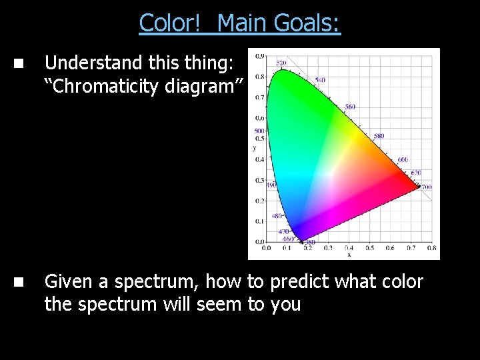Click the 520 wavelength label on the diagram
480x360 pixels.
(281, 63)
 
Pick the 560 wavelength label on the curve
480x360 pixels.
(350, 107)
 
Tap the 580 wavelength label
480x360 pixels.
(379, 136)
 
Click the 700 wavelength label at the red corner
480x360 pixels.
(426, 187)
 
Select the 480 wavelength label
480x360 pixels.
(277, 216)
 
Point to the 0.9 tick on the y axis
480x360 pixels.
(259, 56)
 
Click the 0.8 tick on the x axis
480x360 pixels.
(431, 247)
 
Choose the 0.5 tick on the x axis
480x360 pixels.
(369, 247)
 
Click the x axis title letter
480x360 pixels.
(349, 254)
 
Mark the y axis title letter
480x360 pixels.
(254, 148)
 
